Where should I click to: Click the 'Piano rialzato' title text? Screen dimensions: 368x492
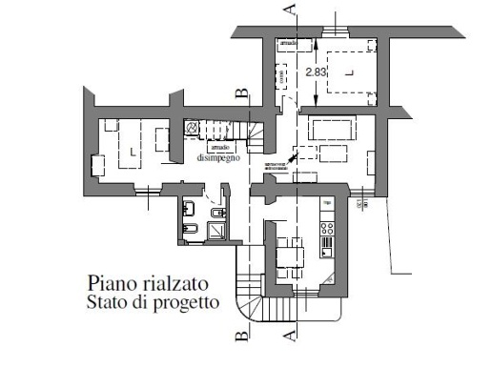[x=147, y=283]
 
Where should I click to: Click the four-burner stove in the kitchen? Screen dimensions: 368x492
[x=328, y=228]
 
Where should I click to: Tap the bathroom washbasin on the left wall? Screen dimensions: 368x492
[x=189, y=209]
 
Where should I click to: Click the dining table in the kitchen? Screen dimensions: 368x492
[x=289, y=256]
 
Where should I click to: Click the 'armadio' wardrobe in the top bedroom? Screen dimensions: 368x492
[x=288, y=44]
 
